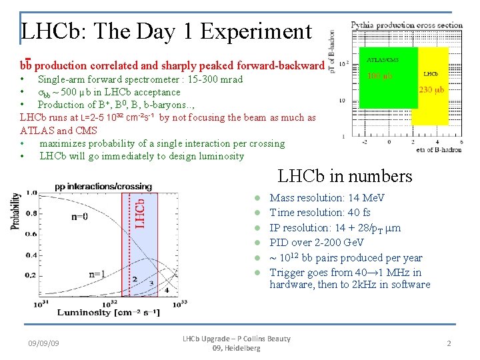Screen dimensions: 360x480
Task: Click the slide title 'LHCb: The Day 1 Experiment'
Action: coord(166,31)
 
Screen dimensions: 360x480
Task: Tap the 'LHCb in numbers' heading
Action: coord(345,176)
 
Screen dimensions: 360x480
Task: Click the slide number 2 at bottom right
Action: coord(449,343)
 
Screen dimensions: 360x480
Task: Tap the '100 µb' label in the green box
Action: coord(381,75)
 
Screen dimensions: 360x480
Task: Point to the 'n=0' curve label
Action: coord(79,216)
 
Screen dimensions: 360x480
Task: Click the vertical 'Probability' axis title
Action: coord(15,212)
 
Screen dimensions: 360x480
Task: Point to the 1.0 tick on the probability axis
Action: coord(30,193)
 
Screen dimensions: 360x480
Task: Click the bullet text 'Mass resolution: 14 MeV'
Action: coord(327,198)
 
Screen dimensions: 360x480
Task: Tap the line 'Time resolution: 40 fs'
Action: coord(320,213)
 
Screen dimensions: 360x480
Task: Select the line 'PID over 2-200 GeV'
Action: coord(317,243)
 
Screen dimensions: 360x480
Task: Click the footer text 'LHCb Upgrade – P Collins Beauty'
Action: coord(237,339)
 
